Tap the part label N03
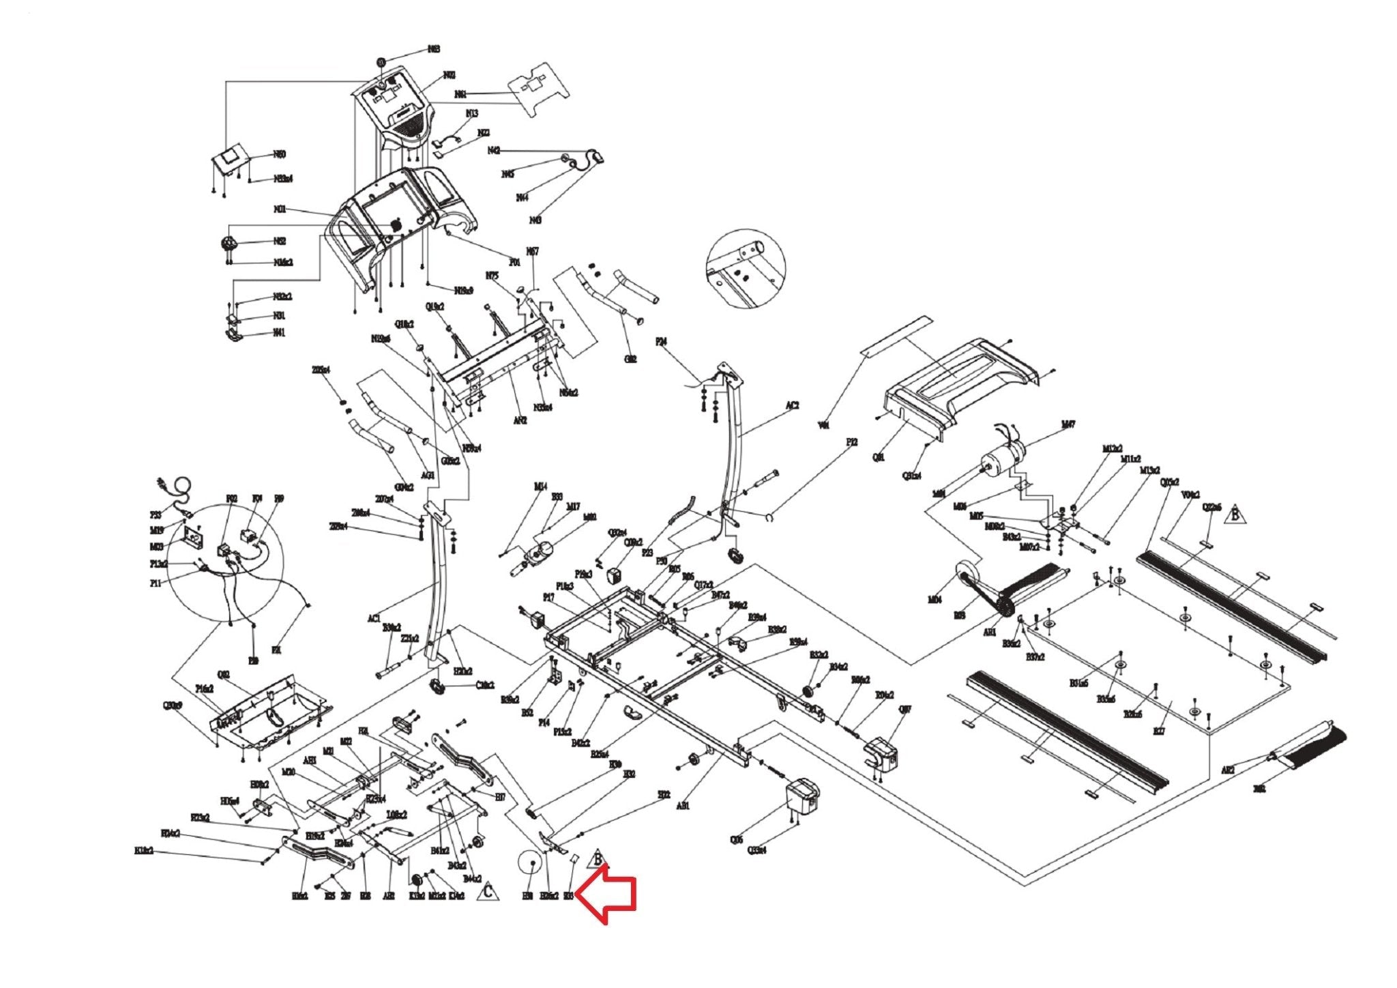pos(433,49)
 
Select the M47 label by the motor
pos(1068,424)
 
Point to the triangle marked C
pos(488,892)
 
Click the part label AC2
pos(792,405)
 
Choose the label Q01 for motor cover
pos(879,458)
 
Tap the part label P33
pos(156,515)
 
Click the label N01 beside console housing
pos(280,209)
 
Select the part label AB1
pos(683,806)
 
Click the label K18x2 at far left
pos(144,851)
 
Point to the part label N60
pos(280,155)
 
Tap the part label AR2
pos(1228,770)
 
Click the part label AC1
pos(373,618)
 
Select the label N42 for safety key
pos(494,150)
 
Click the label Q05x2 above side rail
pos(1170,482)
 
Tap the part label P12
pos(851,442)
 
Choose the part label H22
pos(664,794)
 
